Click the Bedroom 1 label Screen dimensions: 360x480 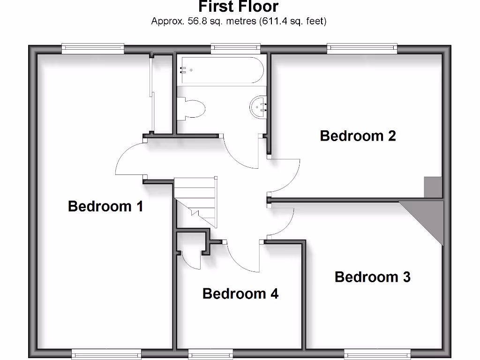point(105,206)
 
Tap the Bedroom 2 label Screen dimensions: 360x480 point(358,136)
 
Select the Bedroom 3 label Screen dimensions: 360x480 point(372,277)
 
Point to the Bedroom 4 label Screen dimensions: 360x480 point(240,294)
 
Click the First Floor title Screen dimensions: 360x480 point(238,7)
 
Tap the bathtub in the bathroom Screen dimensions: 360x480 point(220,70)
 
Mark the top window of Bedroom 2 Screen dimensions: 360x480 point(362,47)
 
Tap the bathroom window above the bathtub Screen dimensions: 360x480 point(235,47)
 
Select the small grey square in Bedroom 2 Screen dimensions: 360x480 point(433,187)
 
